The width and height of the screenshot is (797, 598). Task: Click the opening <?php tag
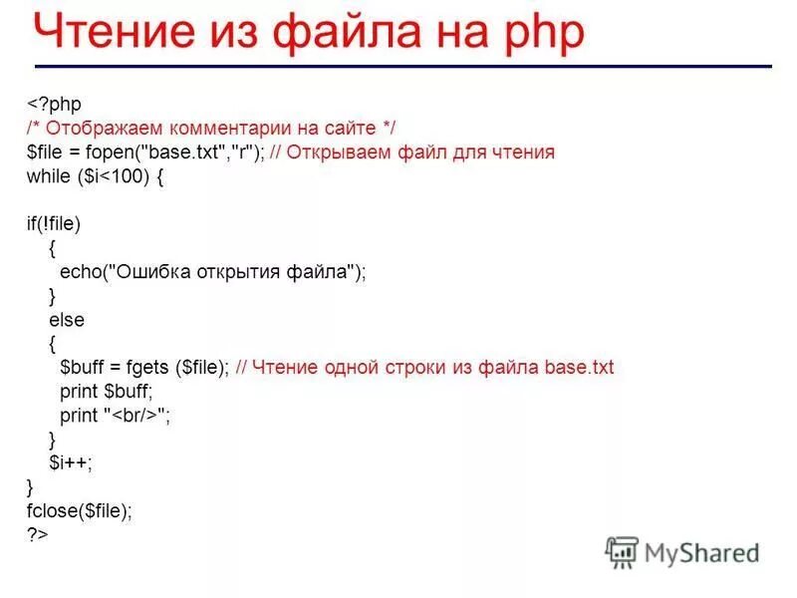pyautogui.click(x=54, y=105)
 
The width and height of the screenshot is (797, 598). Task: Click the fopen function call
pyautogui.click(x=117, y=152)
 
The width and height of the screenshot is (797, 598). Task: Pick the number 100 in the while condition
pyautogui.click(x=131, y=176)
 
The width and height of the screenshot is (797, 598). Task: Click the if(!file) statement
pyautogui.click(x=54, y=224)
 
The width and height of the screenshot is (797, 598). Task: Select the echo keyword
pyautogui.click(x=79, y=272)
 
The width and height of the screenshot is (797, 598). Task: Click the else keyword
pyautogui.click(x=67, y=320)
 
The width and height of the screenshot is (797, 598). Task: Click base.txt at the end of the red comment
pyautogui.click(x=579, y=368)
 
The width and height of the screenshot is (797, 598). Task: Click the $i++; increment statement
pyautogui.click(x=71, y=463)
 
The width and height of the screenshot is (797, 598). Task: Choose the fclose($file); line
pyautogui.click(x=79, y=511)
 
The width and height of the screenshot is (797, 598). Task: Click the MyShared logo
pyautogui.click(x=682, y=551)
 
